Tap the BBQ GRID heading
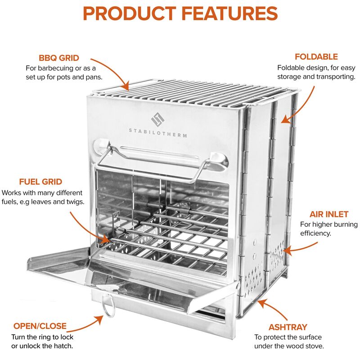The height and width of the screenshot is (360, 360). [x=59, y=58]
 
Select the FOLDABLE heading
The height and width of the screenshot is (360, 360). [x=316, y=57]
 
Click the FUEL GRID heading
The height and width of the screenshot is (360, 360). [x=40, y=182]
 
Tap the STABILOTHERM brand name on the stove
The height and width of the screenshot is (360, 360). [x=157, y=135]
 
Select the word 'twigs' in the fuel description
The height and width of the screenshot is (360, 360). [x=74, y=201]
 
